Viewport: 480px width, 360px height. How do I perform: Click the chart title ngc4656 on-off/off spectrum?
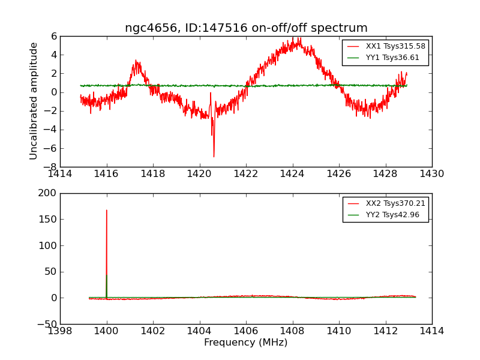coord(246,28)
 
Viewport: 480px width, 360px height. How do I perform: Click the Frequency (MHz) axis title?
coord(246,343)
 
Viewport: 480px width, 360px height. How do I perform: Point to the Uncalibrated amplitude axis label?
coord(34,101)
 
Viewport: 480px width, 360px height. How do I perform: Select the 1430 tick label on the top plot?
coord(431,174)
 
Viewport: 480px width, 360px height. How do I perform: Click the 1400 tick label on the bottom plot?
coord(107,331)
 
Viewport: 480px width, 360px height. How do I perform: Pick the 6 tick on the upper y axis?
coord(54,37)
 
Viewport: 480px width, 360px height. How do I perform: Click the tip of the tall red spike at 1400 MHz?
coord(107,210)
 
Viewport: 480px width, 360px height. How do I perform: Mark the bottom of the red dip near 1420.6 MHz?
coord(214,157)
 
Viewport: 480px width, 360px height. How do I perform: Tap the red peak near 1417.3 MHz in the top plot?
coord(137,61)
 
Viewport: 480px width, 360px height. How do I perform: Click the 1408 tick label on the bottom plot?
coord(292,331)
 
